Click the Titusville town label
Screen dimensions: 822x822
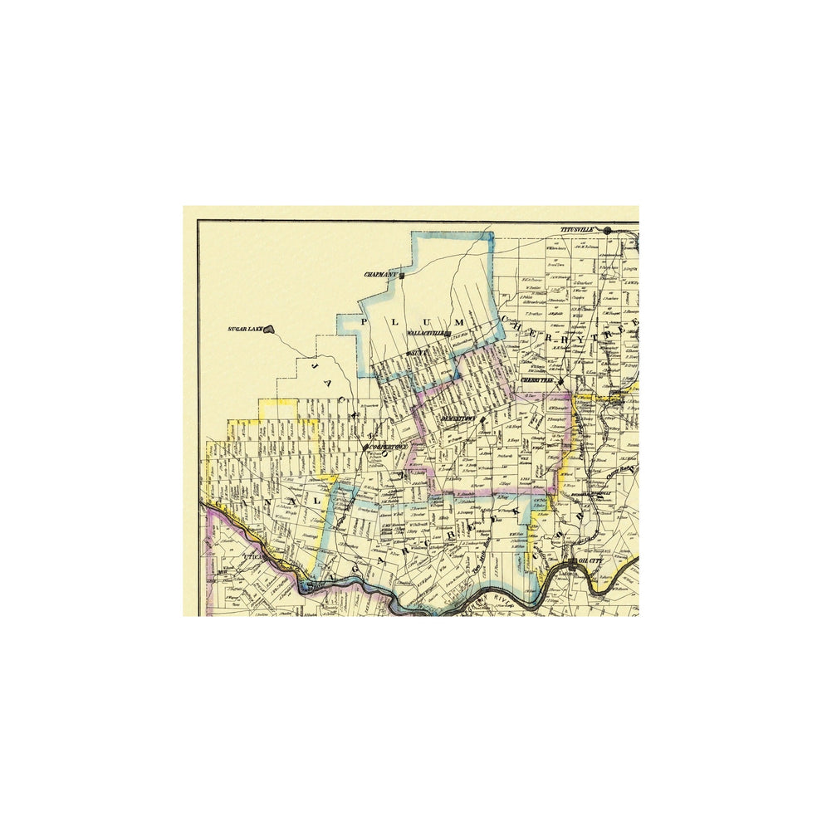coord(579,229)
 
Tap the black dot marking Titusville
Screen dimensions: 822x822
coord(607,230)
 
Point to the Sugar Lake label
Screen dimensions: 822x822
coord(245,330)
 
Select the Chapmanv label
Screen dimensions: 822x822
coord(380,275)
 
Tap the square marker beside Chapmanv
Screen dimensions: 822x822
coord(402,275)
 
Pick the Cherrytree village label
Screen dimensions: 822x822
coord(537,380)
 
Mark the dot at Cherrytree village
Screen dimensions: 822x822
coord(561,382)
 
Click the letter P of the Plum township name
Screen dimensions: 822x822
coord(362,320)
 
